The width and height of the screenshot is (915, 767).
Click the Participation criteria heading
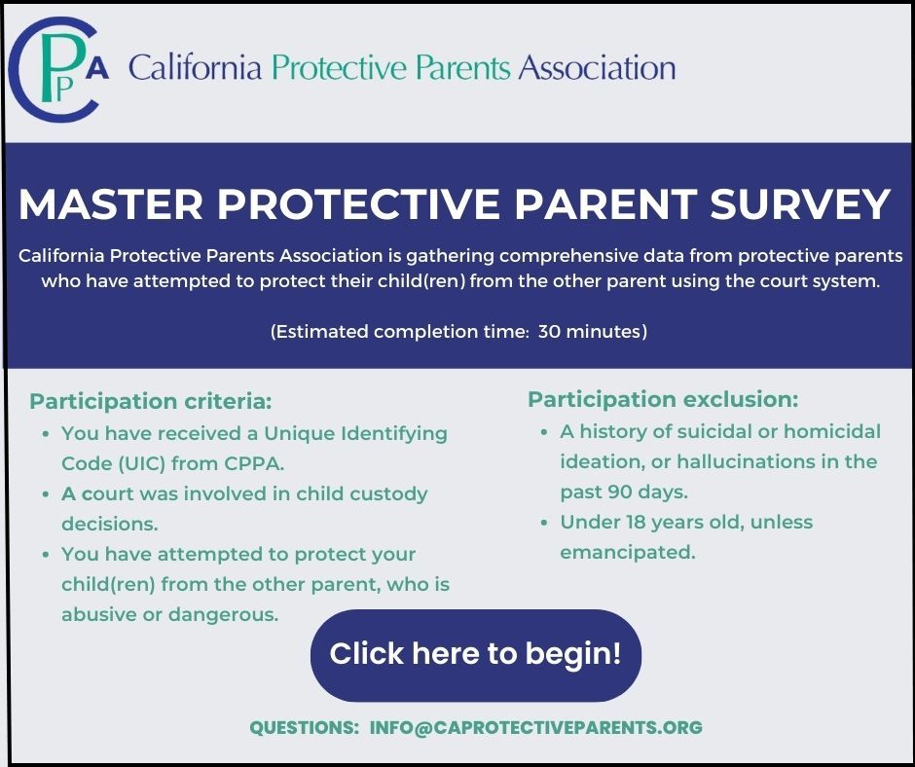click(x=151, y=401)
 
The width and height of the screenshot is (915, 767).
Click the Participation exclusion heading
click(x=663, y=399)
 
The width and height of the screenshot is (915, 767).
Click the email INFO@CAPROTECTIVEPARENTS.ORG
click(x=535, y=727)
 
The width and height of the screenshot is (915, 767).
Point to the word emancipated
click(x=627, y=552)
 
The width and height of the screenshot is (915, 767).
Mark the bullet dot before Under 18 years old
click(x=545, y=523)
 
